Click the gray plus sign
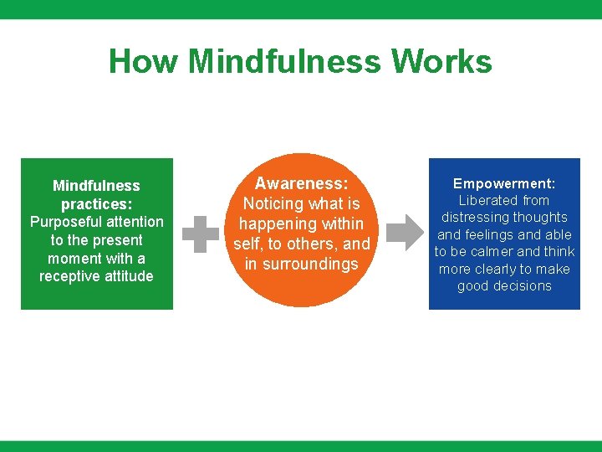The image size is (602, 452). coord(201,234)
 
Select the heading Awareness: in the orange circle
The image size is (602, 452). coord(301,183)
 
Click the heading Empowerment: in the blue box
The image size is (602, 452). coord(504,183)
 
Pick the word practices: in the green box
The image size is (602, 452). coord(96,203)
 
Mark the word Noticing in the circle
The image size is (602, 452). coord(273,203)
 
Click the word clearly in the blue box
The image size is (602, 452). coord(499,270)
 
